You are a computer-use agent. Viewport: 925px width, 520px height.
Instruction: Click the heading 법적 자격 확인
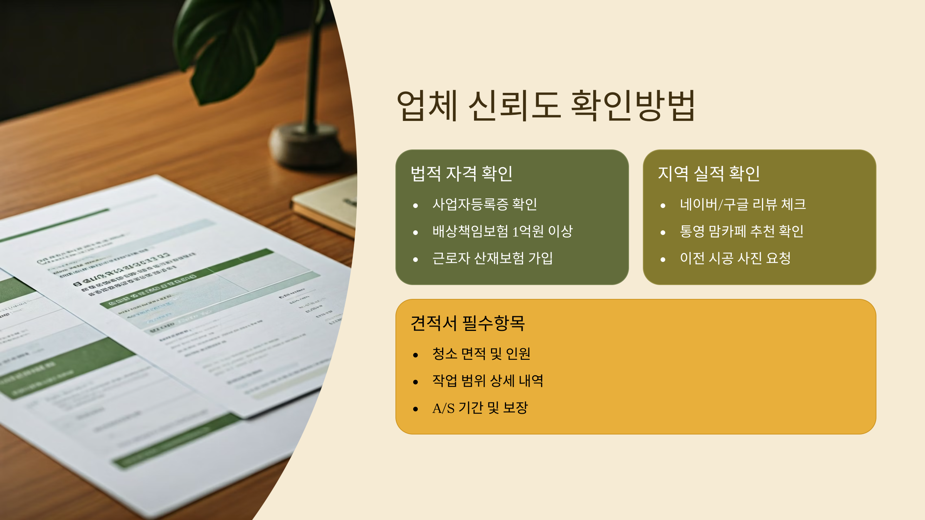(461, 174)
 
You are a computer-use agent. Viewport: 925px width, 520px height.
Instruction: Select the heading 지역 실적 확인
(709, 174)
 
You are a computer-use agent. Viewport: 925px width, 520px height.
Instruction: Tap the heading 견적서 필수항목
(468, 323)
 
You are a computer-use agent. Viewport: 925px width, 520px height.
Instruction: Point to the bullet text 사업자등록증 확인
(484, 205)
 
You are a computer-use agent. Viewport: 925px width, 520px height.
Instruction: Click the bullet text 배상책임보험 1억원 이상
(502, 231)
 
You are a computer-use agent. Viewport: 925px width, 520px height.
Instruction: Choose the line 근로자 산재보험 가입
(492, 258)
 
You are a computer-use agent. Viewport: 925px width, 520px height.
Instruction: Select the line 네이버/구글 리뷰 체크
(743, 205)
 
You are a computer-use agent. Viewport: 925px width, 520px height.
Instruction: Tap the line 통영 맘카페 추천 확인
(742, 231)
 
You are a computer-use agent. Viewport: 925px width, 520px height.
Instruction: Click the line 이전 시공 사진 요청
(735, 258)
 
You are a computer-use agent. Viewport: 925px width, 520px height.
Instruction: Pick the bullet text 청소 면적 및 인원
(481, 354)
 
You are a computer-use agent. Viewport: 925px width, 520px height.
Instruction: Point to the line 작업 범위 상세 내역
(488, 381)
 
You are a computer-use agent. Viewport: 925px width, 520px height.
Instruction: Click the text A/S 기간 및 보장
(480, 408)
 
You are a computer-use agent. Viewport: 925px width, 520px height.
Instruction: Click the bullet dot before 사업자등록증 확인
(415, 206)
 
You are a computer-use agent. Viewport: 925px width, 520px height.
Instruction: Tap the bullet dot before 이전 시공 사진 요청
(663, 260)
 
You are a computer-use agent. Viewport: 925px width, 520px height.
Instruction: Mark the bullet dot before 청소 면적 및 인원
(415, 355)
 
